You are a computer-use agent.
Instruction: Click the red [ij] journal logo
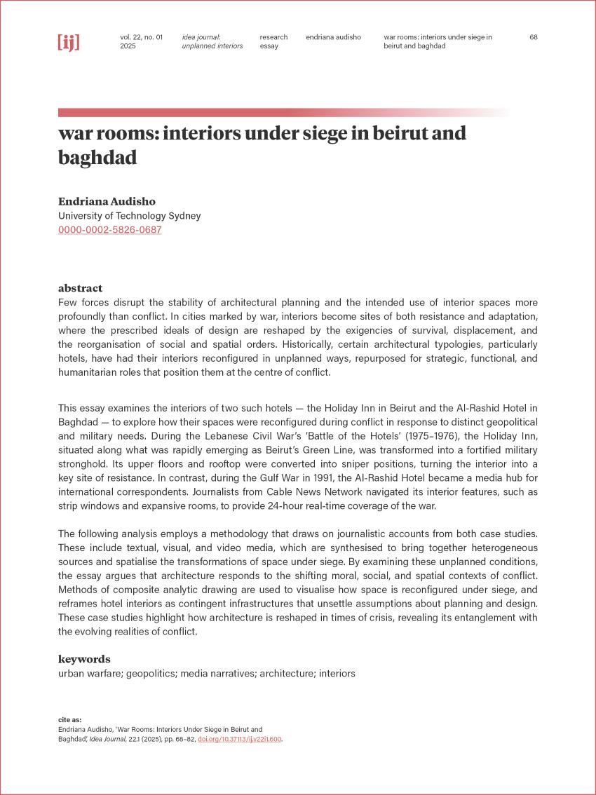point(69,42)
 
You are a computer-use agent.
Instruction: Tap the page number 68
point(534,37)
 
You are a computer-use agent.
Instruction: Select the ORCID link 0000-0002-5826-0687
point(110,229)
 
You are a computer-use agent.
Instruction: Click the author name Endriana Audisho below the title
point(107,201)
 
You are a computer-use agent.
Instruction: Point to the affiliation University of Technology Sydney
point(129,216)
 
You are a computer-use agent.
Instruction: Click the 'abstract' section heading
point(80,288)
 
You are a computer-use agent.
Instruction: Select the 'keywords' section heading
point(84,659)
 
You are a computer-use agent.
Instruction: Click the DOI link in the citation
point(240,739)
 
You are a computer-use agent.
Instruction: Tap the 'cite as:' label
point(70,719)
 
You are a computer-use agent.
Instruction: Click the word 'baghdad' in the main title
point(97,158)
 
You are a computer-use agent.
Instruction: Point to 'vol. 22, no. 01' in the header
point(141,37)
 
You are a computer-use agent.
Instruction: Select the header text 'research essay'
point(273,41)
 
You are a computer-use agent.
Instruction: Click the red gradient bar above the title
point(280,112)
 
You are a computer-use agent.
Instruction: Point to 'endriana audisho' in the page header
point(333,37)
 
